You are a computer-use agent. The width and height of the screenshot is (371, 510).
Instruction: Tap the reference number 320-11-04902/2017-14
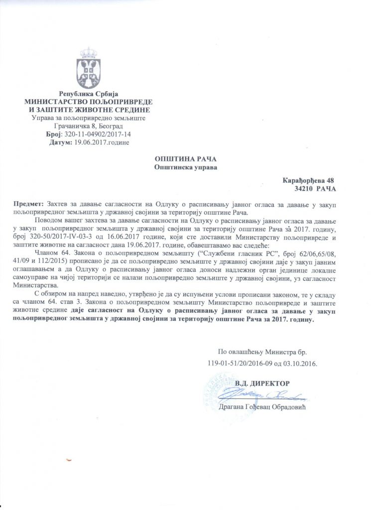[98, 134]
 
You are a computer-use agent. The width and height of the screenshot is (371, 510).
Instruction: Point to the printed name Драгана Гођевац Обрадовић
[261, 406]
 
